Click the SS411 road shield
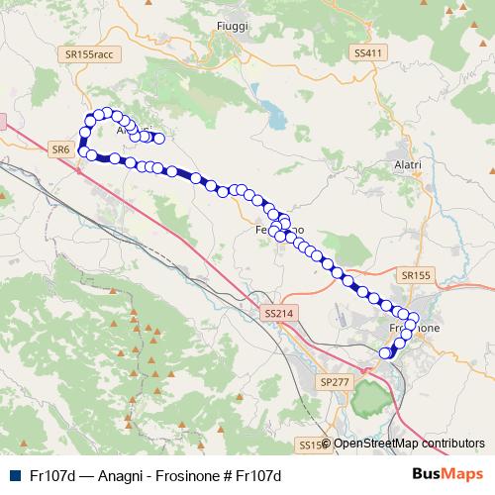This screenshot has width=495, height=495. (x=366, y=52)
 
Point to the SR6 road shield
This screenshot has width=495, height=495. (x=58, y=148)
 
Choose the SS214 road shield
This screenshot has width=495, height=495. (x=279, y=313)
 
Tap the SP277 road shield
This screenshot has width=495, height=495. (x=337, y=381)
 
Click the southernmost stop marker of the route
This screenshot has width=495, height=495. (x=386, y=352)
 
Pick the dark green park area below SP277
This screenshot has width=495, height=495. (x=367, y=399)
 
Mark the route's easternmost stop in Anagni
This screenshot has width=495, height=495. (x=157, y=138)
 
